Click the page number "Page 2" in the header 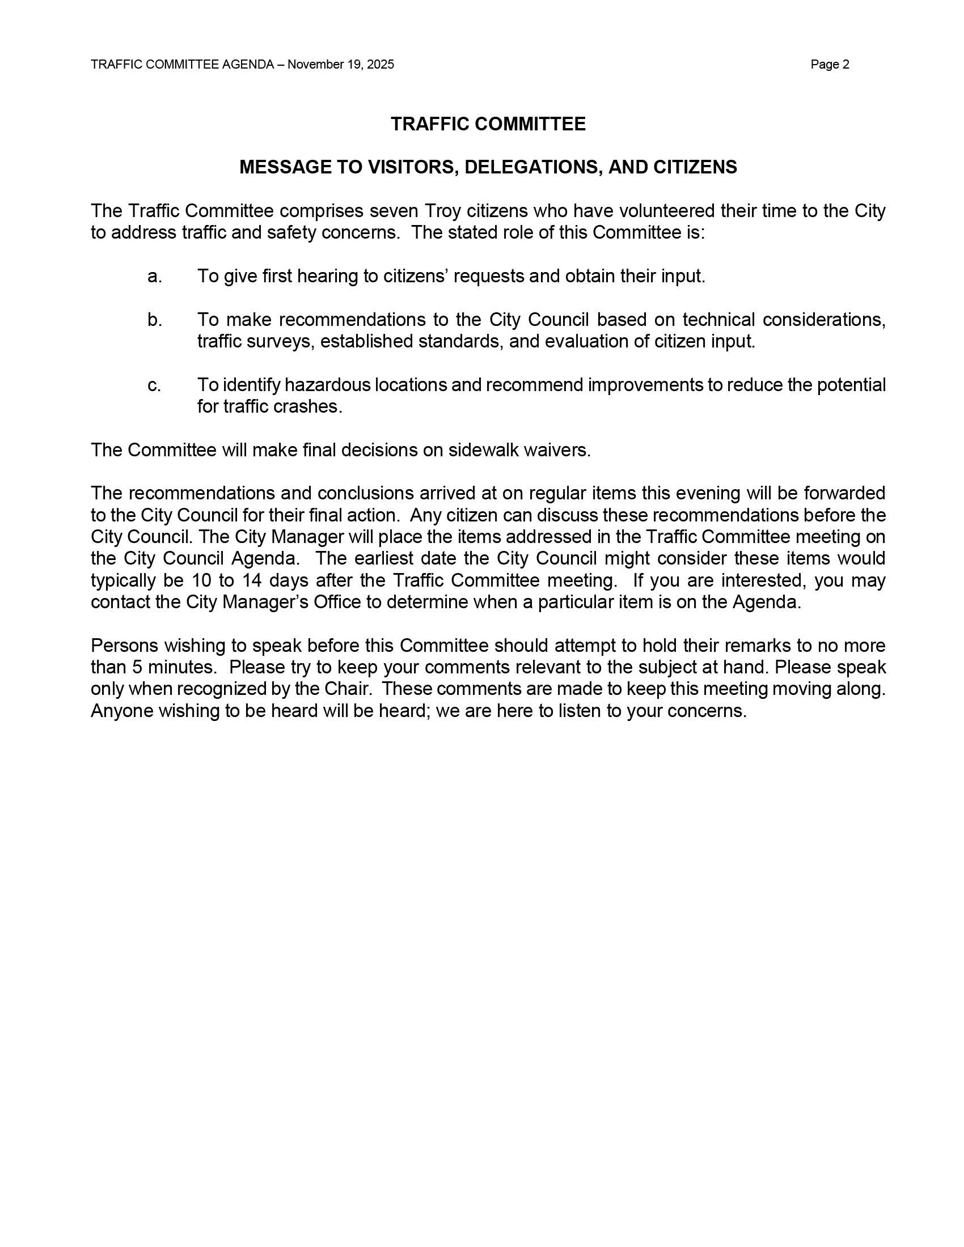tap(829, 65)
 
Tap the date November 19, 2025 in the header tap(340, 65)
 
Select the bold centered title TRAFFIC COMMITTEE tap(488, 124)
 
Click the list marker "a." tap(155, 277)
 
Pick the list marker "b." tap(155, 320)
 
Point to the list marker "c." tap(154, 385)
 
